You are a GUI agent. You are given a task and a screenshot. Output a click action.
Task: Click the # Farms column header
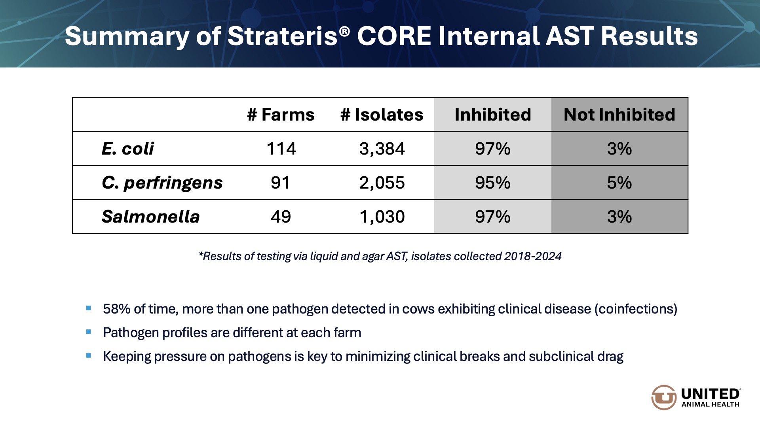(x=281, y=115)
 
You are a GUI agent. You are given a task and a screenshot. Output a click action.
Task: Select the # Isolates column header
(x=382, y=115)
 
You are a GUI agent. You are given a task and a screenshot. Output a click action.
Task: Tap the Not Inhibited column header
(x=619, y=115)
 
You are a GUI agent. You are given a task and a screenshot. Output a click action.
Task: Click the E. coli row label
(x=127, y=149)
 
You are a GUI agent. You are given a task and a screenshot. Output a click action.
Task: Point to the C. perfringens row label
(x=162, y=183)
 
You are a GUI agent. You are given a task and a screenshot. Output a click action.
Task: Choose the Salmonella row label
(x=150, y=217)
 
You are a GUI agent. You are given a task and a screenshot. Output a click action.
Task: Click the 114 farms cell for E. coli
(x=281, y=149)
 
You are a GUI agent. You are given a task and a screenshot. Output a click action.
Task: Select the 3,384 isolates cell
(x=382, y=149)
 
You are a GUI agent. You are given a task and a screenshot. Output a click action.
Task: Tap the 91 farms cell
(x=280, y=183)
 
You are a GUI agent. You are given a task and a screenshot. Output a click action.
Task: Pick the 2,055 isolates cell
(x=382, y=183)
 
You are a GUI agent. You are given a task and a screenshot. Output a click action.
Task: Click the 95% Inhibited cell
(x=492, y=183)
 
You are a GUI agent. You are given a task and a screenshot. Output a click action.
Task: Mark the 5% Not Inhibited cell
(x=619, y=183)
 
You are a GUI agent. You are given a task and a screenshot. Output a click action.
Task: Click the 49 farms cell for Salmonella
(x=281, y=217)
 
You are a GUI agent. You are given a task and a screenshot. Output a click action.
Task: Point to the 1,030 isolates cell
(x=382, y=217)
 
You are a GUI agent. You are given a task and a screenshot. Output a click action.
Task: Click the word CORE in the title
(x=394, y=36)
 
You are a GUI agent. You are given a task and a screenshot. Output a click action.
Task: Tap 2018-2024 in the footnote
(x=533, y=256)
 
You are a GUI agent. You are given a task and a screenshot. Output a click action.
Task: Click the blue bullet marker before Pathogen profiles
(x=89, y=332)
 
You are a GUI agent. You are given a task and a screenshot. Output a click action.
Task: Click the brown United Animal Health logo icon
(x=663, y=397)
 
